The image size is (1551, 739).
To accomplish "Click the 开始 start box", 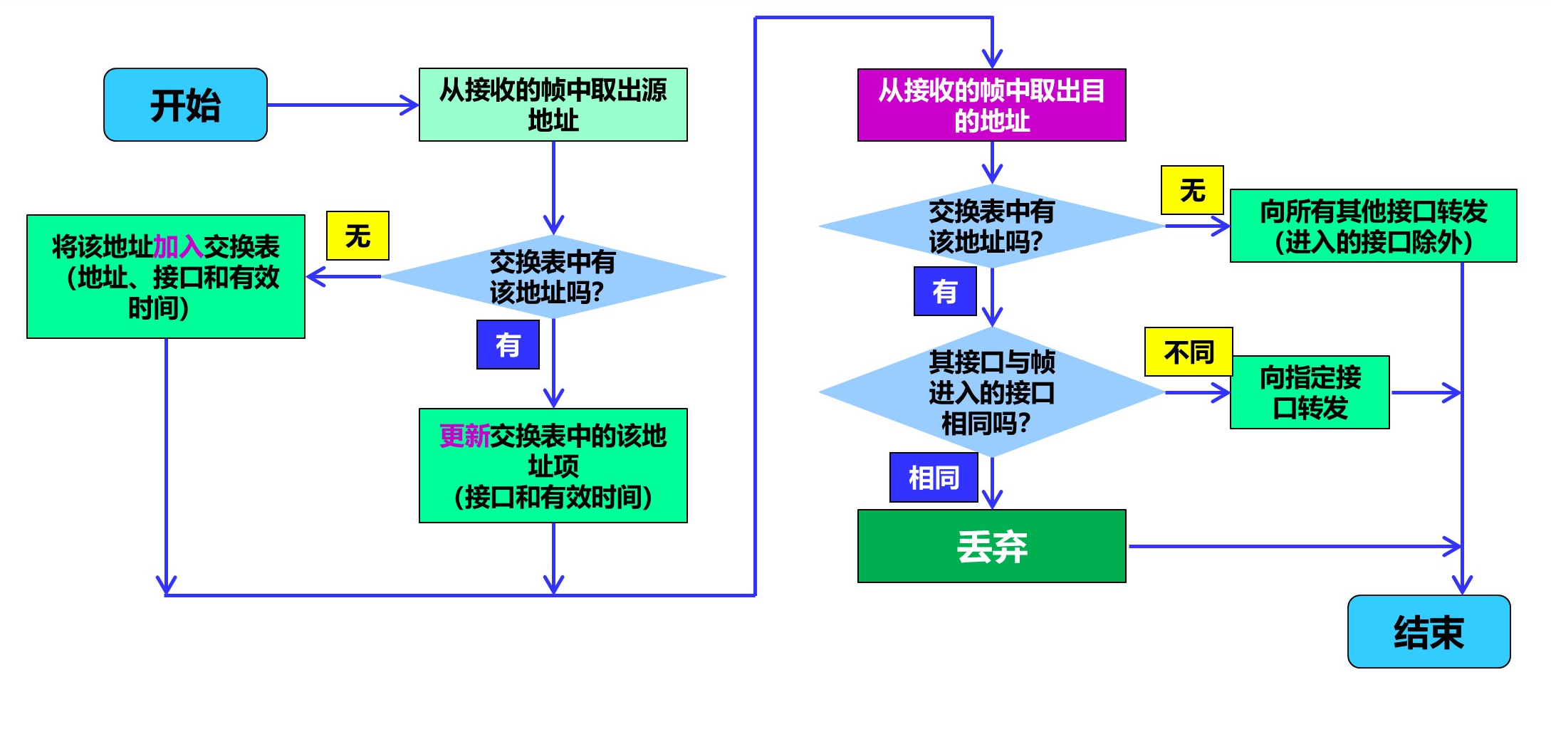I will (x=185, y=105).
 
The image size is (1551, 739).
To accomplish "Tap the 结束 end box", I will (x=1429, y=631).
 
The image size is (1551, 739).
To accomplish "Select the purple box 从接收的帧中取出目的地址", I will (x=991, y=105).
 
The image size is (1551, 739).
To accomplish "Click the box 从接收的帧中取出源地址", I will (x=553, y=105).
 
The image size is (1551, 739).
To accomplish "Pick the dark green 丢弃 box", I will (x=991, y=546).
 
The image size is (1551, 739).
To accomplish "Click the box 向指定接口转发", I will (x=1309, y=392).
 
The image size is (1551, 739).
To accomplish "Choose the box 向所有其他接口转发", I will (x=1373, y=226).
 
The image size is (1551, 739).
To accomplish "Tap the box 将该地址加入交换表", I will (x=165, y=277).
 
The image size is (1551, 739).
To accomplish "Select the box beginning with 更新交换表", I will (x=553, y=466).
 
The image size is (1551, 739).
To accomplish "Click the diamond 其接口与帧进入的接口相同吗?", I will (x=991, y=392).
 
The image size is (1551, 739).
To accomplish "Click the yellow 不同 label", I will (x=1188, y=352).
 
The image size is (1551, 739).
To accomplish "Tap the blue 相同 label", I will (x=933, y=477).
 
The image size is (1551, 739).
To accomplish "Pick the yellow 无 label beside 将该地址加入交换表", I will (x=357, y=236).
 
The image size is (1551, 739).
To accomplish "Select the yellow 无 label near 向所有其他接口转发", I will (x=1192, y=190).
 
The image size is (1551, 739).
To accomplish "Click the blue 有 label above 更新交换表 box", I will (x=508, y=345).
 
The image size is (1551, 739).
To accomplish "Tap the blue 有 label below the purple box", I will (x=945, y=291).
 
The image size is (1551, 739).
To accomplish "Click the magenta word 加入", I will (x=178, y=247).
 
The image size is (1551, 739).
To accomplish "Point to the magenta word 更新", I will (x=464, y=436).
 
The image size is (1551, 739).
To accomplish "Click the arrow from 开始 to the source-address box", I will (x=342, y=105).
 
